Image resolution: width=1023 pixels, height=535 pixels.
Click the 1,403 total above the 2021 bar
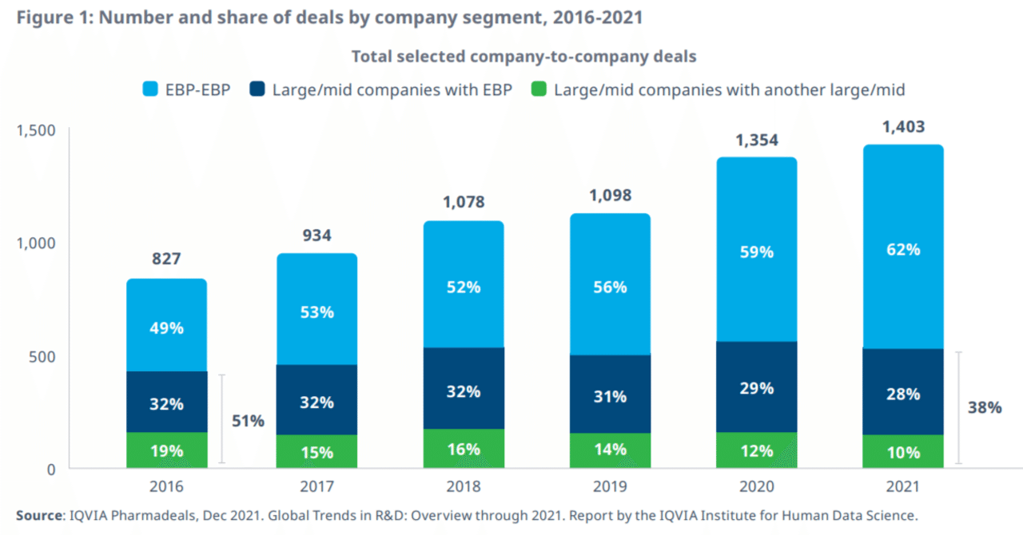coord(902,126)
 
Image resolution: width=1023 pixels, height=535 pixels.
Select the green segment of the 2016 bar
coord(166,450)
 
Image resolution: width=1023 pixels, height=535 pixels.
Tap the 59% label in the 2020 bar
coord(756,252)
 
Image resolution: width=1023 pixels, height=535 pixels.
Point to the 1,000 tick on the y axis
coord(38,243)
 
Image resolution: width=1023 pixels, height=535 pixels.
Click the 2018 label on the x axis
coord(464,487)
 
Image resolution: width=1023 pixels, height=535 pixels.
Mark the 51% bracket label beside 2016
coord(249,421)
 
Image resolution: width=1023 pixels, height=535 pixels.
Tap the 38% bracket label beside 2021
coord(985,407)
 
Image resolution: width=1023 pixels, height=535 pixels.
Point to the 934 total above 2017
coord(316,236)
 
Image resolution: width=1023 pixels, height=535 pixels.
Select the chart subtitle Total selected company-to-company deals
coord(523,57)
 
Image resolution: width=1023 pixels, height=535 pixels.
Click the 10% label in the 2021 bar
coord(902,452)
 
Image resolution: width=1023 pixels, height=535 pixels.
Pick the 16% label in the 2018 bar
coord(464,449)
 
